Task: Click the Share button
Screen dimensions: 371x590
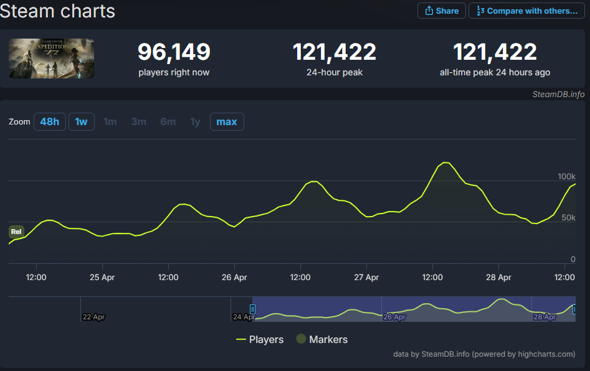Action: (x=442, y=11)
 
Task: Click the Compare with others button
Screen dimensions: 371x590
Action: (x=526, y=11)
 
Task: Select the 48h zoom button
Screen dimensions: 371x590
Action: (x=49, y=121)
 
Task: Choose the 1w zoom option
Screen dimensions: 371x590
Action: (x=81, y=121)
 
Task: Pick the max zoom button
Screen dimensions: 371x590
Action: (x=227, y=121)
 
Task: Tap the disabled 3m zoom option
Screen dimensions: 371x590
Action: (x=138, y=121)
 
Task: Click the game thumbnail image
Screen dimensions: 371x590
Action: (x=52, y=58)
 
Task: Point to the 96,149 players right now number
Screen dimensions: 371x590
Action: (x=174, y=52)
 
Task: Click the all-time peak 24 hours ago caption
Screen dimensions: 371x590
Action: (x=495, y=72)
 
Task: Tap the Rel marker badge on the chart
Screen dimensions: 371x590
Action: (x=16, y=232)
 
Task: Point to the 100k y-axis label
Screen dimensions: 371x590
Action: (x=566, y=177)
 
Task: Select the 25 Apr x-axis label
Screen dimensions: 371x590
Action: (x=102, y=276)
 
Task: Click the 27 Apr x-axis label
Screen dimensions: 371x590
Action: (x=366, y=276)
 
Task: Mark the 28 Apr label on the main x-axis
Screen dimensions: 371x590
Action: (x=498, y=276)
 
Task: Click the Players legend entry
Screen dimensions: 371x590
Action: (x=260, y=339)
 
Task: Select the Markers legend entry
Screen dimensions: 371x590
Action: (x=321, y=339)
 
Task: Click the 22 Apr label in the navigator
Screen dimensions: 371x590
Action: (x=94, y=317)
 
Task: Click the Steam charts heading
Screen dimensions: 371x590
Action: (x=58, y=11)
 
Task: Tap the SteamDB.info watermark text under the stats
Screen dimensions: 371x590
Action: (x=558, y=94)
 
